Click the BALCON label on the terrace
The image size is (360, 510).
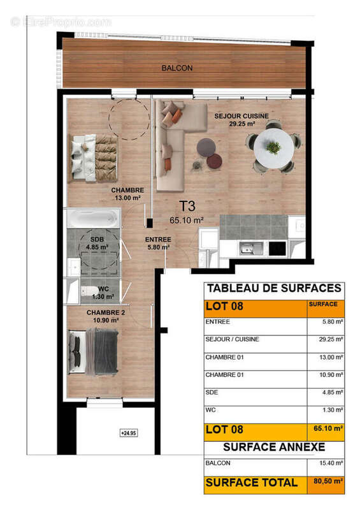[176, 68]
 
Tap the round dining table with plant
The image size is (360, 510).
[274, 148]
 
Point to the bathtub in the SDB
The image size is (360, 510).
[93, 218]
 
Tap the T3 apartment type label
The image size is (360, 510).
[186, 206]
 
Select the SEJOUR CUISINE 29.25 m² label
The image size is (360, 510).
[241, 119]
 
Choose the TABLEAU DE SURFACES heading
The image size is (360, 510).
[273, 289]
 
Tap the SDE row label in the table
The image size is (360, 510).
[213, 392]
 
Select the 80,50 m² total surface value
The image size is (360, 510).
[326, 483]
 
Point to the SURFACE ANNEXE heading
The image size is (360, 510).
[273, 447]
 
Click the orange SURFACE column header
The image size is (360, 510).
[324, 305]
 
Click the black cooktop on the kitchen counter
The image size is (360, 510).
[277, 249]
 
